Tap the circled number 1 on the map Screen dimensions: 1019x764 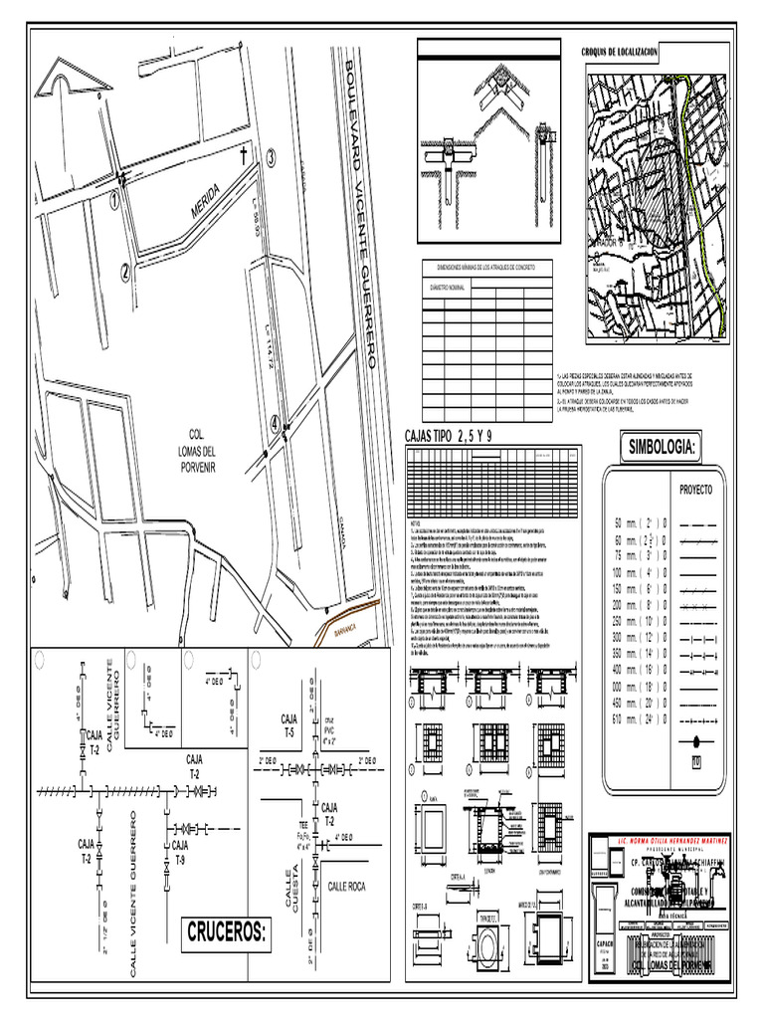pos(115,201)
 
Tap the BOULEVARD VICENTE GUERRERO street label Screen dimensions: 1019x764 pos(362,214)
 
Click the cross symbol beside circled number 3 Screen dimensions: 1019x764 pos(244,155)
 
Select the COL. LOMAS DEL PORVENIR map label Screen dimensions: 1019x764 pos(202,450)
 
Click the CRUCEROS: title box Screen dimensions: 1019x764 pos(227,933)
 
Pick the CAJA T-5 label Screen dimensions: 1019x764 pos(289,724)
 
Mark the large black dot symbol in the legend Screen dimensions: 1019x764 pos(695,740)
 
